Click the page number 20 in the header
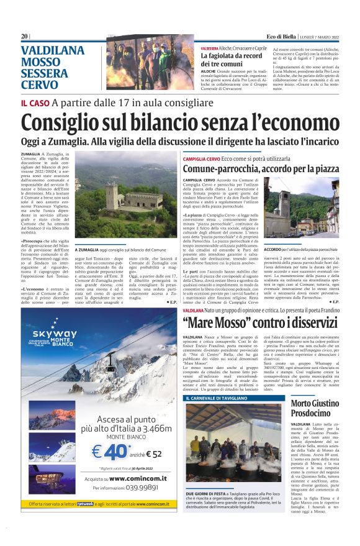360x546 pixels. point(25,37)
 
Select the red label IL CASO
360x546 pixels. point(35,102)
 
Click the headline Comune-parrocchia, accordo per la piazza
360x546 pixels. point(261,168)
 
